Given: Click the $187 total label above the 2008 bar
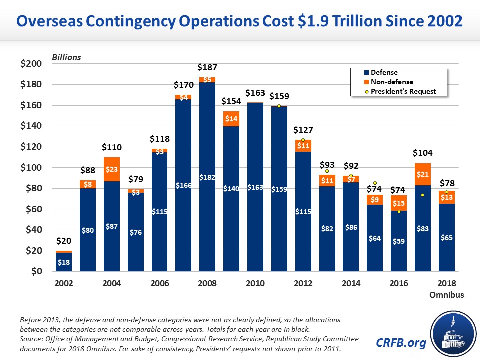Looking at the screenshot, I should coord(207,67).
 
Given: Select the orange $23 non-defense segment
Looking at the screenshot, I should coord(112,169).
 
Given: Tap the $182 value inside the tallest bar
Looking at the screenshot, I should coord(207,177).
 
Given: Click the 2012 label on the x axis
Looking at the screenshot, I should coord(303,283).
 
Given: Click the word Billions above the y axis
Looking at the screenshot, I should coord(66,57).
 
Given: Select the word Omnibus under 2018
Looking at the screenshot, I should coord(447,295).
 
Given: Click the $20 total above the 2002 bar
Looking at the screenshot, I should coord(64,241).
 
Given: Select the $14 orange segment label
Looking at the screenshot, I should coord(231,119).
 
